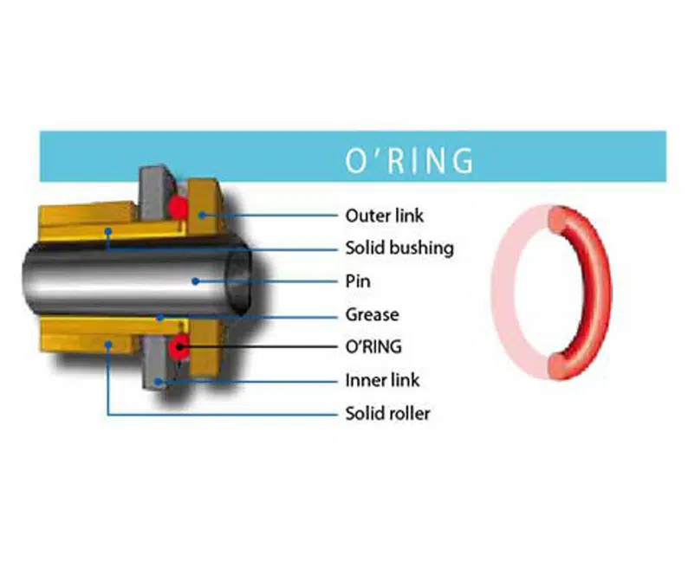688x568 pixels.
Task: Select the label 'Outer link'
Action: click(385, 215)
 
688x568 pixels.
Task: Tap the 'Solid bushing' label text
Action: click(399, 248)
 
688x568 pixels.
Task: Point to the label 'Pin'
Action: click(358, 281)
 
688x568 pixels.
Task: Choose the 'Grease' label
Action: click(371, 314)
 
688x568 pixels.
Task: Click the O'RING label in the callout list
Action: click(373, 347)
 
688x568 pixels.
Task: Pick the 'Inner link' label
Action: click(381, 380)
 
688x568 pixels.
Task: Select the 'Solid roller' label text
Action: click(387, 413)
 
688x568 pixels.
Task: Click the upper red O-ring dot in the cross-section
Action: click(178, 206)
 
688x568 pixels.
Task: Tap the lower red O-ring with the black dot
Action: click(180, 347)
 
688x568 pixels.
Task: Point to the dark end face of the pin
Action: click(242, 281)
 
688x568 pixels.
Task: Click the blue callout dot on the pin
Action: click(197, 281)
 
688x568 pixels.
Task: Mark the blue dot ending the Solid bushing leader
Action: click(108, 232)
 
